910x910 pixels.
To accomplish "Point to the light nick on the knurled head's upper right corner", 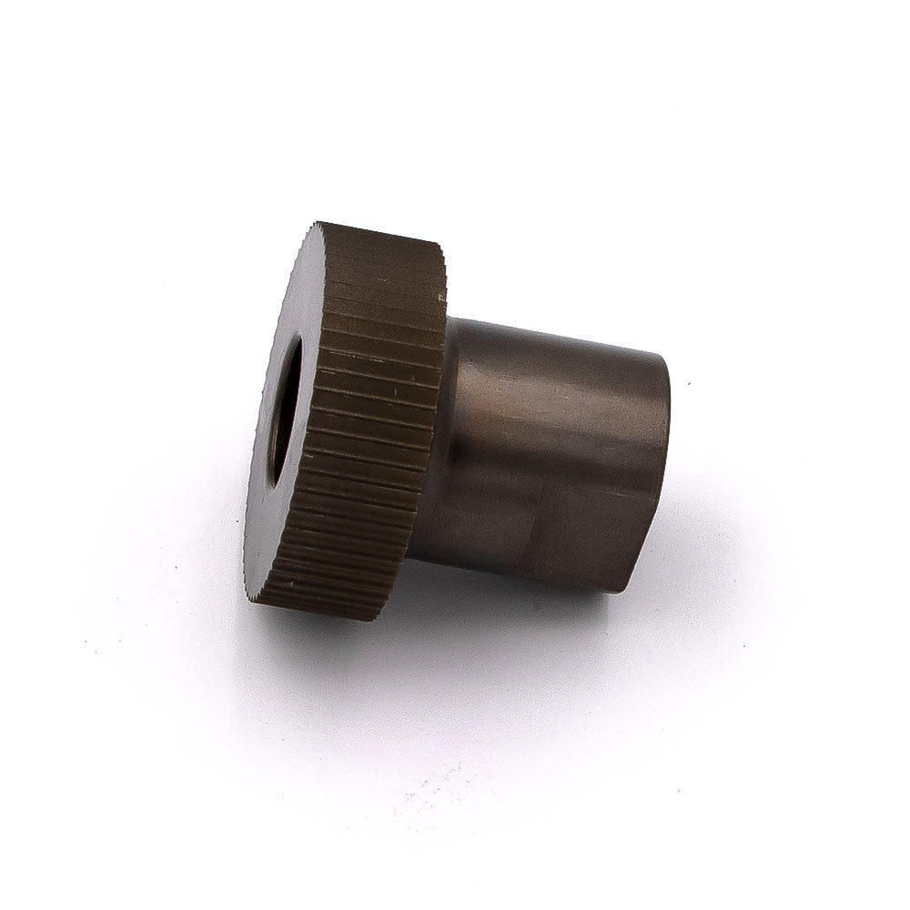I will (x=443, y=297).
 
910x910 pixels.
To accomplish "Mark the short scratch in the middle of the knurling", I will (x=398, y=392).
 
